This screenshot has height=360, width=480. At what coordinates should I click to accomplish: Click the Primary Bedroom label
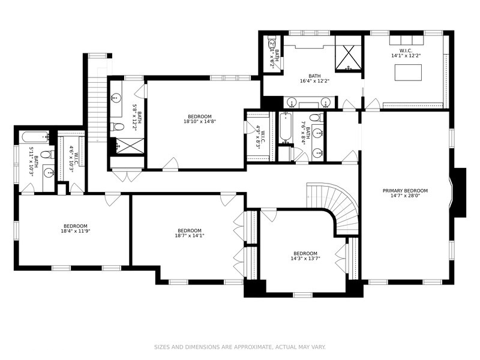click(405, 191)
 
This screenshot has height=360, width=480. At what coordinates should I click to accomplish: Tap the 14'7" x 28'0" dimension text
click(405, 196)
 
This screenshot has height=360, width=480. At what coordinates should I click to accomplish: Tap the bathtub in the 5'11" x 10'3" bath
click(34, 137)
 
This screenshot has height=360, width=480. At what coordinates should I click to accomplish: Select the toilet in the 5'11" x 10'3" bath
click(47, 155)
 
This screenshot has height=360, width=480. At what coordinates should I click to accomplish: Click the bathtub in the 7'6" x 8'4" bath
click(286, 128)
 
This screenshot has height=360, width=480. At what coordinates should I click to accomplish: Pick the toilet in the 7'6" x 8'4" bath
click(316, 117)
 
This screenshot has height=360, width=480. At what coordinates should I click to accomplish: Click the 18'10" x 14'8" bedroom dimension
click(200, 122)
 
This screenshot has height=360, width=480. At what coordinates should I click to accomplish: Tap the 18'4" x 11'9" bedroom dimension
click(76, 231)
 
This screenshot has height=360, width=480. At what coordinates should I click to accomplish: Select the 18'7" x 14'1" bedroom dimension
click(190, 236)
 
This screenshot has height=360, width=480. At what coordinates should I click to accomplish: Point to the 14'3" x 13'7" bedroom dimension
click(305, 259)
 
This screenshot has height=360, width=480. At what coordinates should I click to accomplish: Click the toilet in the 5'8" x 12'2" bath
click(117, 127)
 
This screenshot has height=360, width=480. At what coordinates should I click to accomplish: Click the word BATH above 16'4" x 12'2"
click(314, 76)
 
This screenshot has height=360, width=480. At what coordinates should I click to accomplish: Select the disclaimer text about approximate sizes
click(239, 347)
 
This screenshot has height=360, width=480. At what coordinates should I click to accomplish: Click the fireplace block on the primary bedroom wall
click(460, 193)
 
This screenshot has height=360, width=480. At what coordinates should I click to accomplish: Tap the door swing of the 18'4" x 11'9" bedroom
click(113, 200)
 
